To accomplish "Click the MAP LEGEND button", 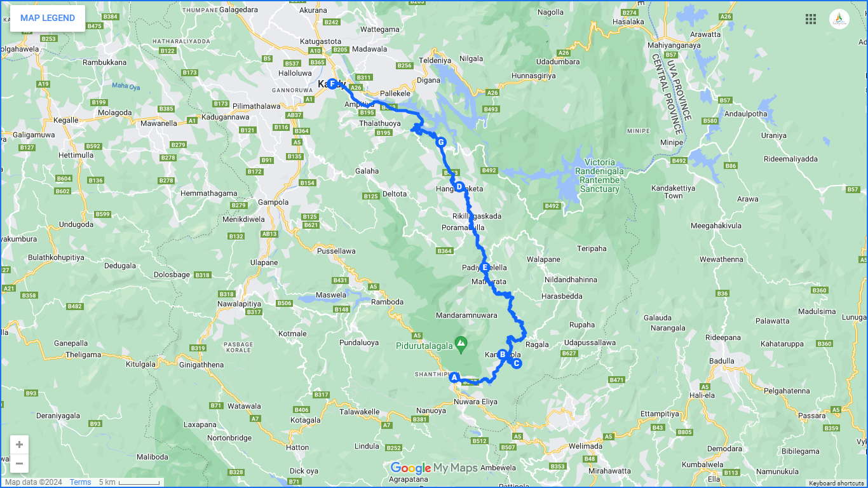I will tap(48, 18).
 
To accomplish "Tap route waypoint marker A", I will tap(454, 377).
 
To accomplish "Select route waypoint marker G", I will tap(440, 142).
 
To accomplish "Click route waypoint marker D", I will tap(459, 187).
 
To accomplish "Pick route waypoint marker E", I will tap(485, 268).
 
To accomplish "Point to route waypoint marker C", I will tap(517, 363).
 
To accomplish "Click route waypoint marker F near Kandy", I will tap(332, 83).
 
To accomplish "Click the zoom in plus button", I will tap(19, 445).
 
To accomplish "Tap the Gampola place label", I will tap(273, 202).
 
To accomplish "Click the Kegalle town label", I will tap(66, 120).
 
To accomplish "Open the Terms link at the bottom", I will tap(80, 482).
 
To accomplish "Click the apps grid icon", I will tap(811, 19).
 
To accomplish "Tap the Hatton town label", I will tap(297, 447).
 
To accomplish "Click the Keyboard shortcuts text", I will tap(836, 484).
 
